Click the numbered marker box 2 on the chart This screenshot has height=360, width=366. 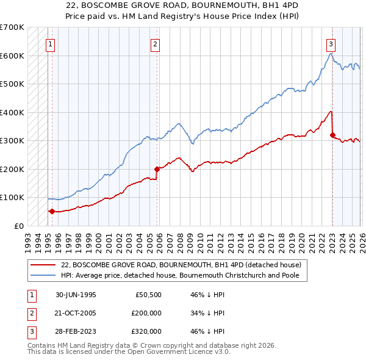point(156,43)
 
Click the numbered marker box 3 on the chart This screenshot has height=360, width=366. point(330,43)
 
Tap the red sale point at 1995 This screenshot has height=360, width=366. point(52,212)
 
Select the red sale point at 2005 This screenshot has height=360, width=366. point(157,169)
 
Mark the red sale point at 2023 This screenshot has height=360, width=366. point(332,135)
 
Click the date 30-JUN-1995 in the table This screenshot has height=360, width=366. point(76,295)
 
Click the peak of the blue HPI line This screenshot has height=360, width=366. point(330,54)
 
